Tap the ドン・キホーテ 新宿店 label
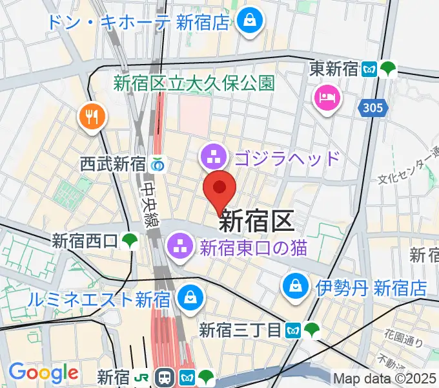tap(138, 22)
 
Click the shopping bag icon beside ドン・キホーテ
tap(248, 21)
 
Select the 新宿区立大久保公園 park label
tap(194, 83)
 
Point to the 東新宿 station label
tap(333, 68)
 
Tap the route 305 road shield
tap(373, 108)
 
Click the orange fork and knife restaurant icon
tap(91, 116)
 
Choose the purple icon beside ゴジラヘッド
tap(212, 155)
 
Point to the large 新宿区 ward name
tap(256, 222)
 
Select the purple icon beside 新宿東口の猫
tap(178, 245)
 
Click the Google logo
tap(43, 372)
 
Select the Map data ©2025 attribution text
tap(384, 378)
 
